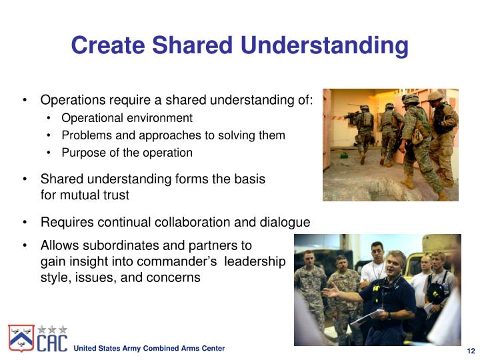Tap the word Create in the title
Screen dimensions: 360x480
tap(108, 45)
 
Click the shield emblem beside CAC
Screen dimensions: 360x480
tap(21, 339)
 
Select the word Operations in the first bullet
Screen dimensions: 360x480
tap(73, 101)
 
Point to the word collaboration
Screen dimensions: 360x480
tap(211, 222)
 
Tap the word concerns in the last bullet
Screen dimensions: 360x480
tap(174, 277)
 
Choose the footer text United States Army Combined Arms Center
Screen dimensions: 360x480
tap(149, 349)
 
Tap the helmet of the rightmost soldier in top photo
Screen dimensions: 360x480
tap(435, 96)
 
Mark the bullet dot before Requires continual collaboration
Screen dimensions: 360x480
tap(25, 222)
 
